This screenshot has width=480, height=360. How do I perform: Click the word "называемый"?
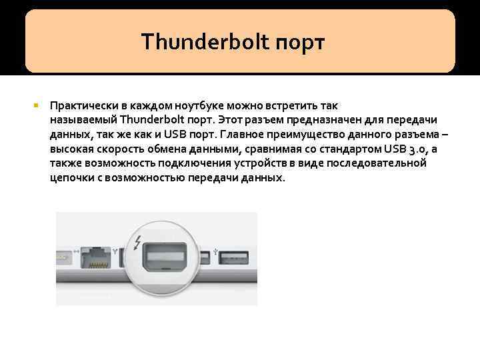pyautogui.click(x=82, y=120)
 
